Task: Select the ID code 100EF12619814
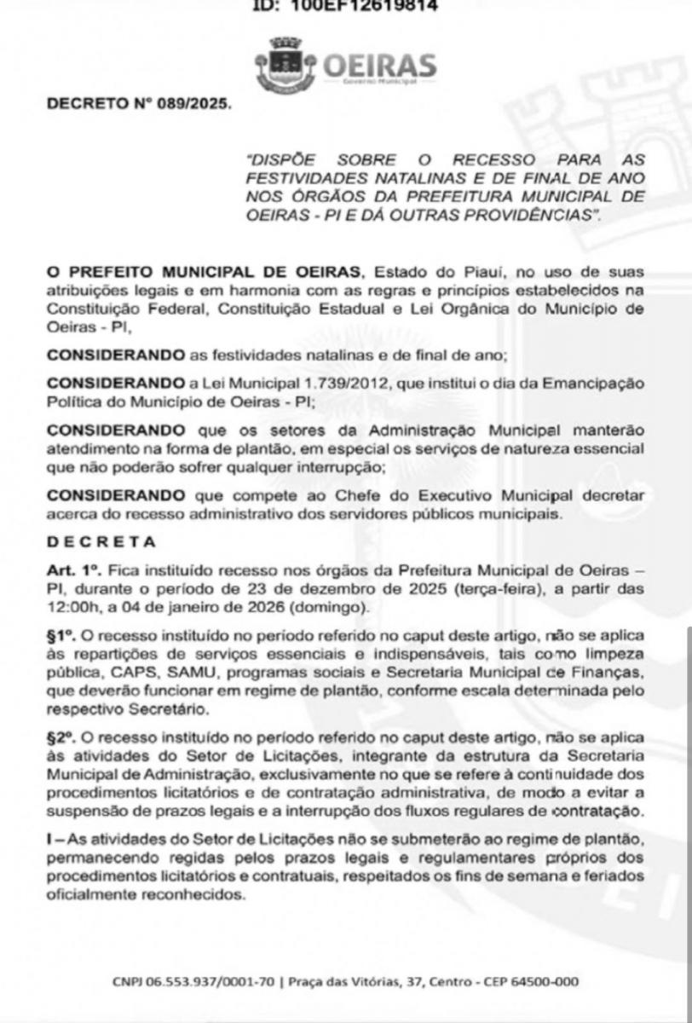click(369, 6)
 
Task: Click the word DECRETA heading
click(101, 541)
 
